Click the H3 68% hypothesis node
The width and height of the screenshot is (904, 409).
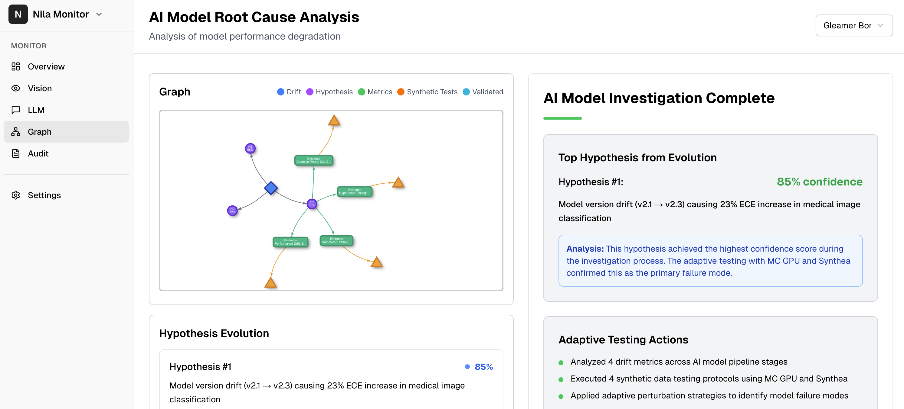point(250,148)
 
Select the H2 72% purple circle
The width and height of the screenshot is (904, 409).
point(232,211)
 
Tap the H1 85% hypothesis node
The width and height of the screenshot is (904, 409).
point(312,204)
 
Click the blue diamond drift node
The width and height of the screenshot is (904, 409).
point(271,188)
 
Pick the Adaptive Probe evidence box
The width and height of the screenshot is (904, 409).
point(313,160)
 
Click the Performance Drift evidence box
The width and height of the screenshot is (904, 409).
point(290,242)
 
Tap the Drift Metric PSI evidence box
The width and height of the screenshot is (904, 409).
point(336,240)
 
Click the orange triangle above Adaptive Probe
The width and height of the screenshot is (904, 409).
point(334,121)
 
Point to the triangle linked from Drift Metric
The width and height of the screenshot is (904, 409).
point(377,262)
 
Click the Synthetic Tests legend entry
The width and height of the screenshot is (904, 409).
point(427,92)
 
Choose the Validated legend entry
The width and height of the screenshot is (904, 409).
point(483,92)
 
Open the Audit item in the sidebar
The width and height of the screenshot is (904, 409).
point(38,153)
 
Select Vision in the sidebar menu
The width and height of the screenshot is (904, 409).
point(40,88)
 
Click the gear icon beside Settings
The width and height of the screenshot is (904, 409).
point(16,195)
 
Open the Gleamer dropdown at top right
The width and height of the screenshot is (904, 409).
point(853,26)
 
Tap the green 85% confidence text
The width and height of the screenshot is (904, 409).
point(819,182)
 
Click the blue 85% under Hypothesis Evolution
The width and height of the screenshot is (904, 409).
point(483,367)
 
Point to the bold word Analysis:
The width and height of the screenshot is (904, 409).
point(585,249)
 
